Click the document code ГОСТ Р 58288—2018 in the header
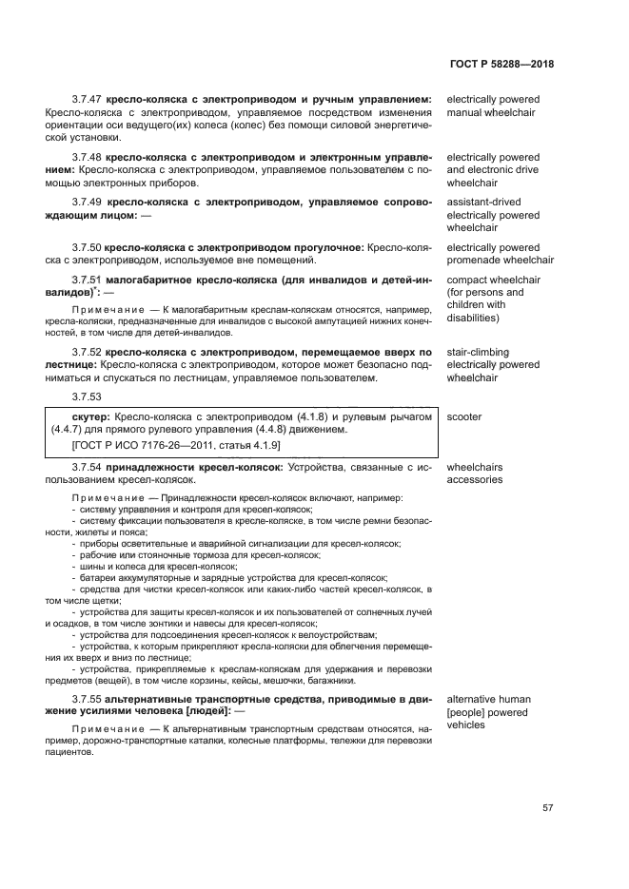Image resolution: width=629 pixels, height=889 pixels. point(501,64)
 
